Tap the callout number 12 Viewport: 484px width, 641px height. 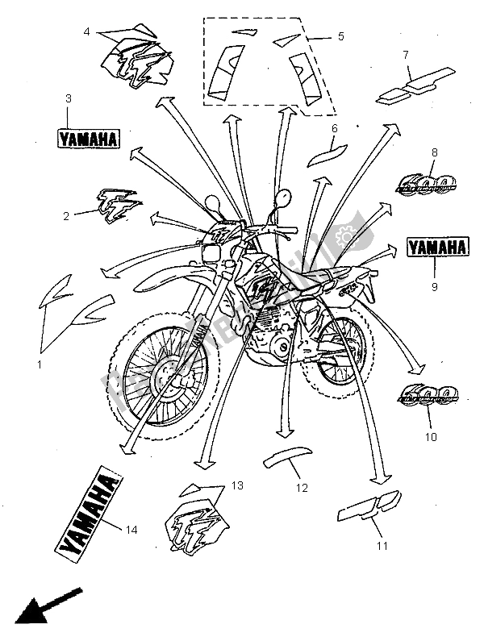(x=302, y=487)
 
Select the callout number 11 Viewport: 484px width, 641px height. (x=382, y=546)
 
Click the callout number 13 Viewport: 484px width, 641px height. (x=236, y=485)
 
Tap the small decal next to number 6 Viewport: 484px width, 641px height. (x=323, y=152)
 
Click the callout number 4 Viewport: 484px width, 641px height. (x=86, y=31)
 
